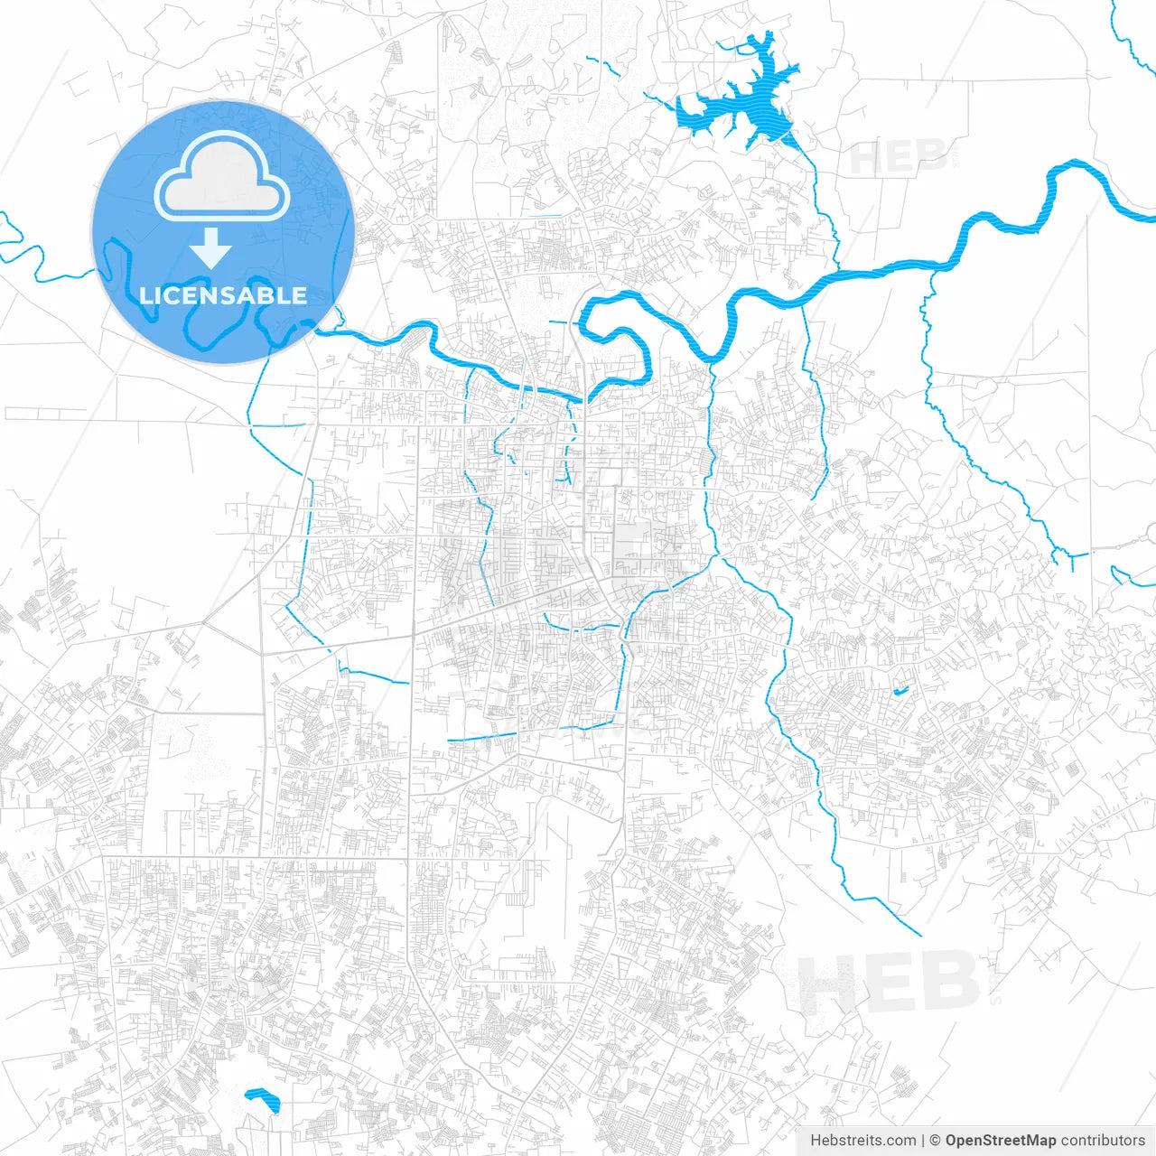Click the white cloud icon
[222, 177]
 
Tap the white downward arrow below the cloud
[212, 247]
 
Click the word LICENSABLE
[223, 295]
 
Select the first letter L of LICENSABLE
[145, 295]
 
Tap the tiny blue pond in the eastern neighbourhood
[900, 692]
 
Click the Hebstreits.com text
[862, 1141]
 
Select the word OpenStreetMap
[1000, 1141]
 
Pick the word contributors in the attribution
[1103, 1141]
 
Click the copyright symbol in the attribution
[936, 1141]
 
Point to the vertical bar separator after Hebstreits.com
[922, 1141]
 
